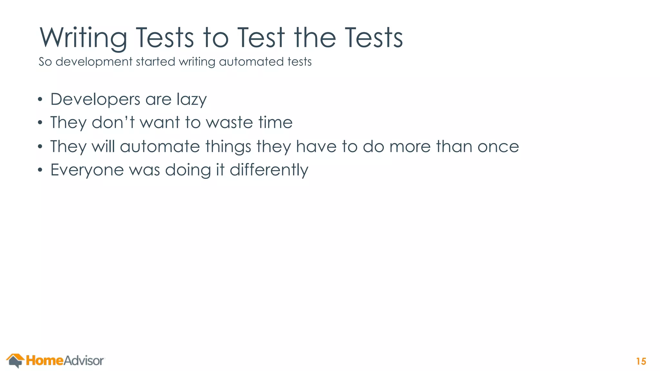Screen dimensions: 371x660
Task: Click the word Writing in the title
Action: (x=83, y=38)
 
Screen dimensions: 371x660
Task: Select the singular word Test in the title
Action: (x=261, y=38)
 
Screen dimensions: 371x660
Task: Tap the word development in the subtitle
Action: (x=94, y=62)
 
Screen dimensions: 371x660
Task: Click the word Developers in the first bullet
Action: (x=95, y=100)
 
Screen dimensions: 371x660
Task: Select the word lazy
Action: (x=191, y=100)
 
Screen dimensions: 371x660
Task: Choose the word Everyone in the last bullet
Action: (x=87, y=170)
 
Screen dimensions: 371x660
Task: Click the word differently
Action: (x=269, y=170)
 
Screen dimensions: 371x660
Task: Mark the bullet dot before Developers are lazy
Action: (x=40, y=100)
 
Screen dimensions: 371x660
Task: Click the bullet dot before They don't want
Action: (x=40, y=123)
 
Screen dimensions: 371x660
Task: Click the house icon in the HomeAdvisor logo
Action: (x=15, y=360)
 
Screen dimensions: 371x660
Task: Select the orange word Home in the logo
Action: (x=44, y=360)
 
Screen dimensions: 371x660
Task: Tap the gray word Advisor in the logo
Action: (x=83, y=361)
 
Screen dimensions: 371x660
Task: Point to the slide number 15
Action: (x=641, y=361)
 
